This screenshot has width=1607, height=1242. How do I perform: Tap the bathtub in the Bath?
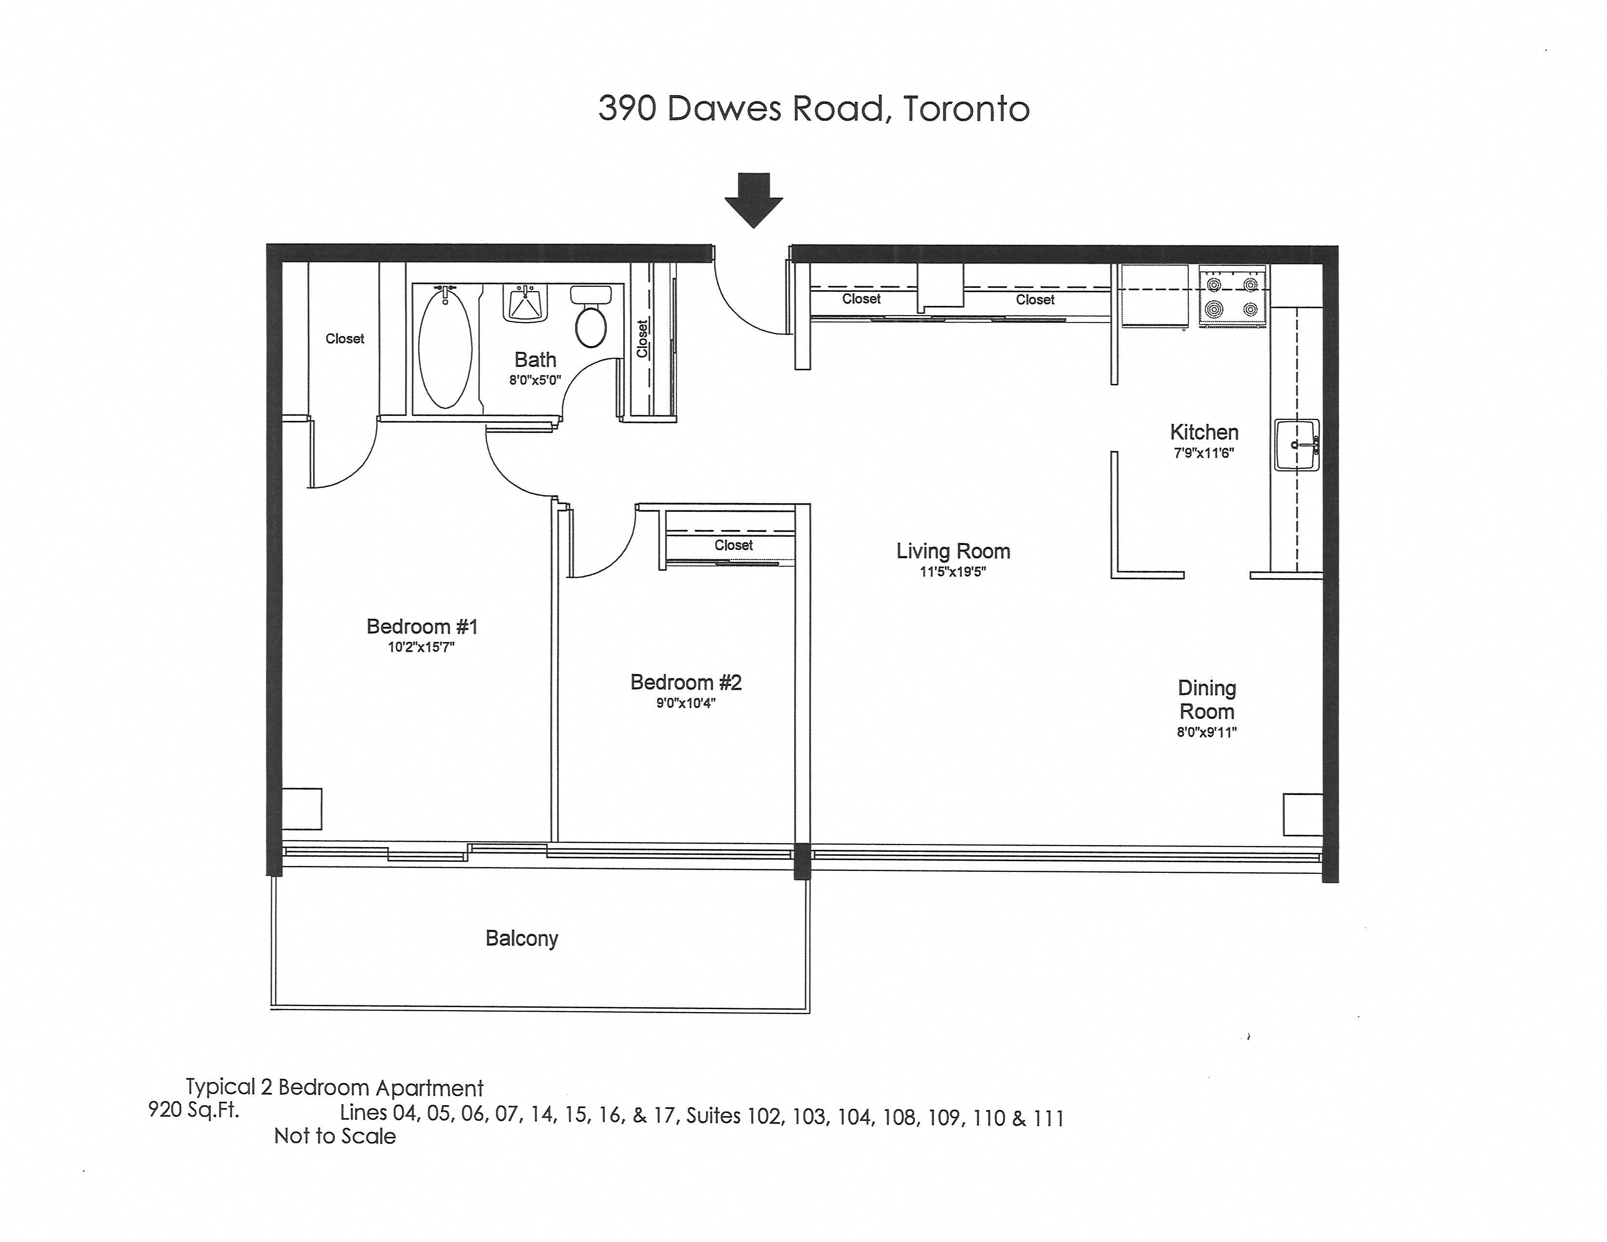click(445, 346)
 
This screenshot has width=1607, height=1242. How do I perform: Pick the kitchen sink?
click(1296, 445)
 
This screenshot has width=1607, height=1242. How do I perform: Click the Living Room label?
click(953, 551)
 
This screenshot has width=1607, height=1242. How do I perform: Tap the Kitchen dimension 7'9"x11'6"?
click(1204, 453)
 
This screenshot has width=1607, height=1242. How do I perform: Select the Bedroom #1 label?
click(422, 627)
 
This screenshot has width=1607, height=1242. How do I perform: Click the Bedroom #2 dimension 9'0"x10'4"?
click(686, 703)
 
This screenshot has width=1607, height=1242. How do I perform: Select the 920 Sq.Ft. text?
click(193, 1110)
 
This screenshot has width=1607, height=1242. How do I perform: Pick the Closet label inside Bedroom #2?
click(733, 545)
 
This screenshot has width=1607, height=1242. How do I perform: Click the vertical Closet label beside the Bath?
click(642, 339)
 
